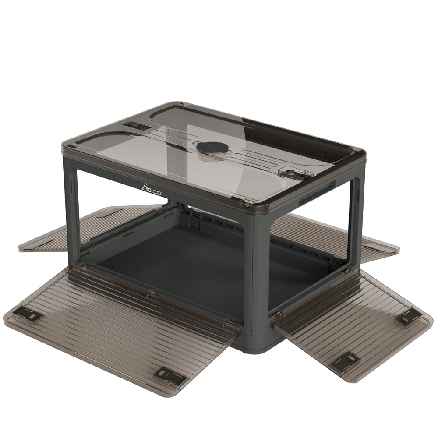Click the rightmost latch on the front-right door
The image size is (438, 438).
coord(407,318)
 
